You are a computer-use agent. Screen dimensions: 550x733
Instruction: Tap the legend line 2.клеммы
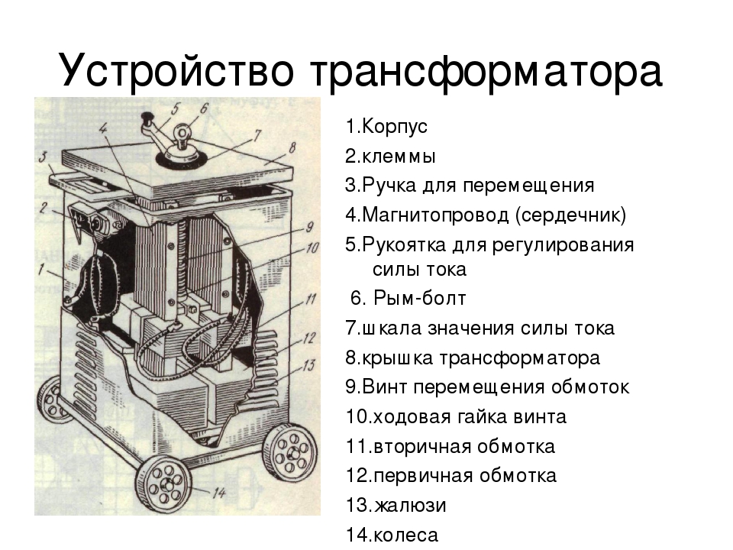point(390,157)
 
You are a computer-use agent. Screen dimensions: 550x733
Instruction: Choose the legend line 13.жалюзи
point(396,506)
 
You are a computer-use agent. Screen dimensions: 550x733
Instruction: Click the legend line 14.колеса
point(392,535)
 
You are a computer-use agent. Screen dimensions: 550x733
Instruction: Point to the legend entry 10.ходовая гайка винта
point(456,417)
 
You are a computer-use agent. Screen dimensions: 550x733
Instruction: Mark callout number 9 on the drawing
point(308,227)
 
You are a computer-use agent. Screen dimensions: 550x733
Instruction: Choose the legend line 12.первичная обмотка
point(450,476)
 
